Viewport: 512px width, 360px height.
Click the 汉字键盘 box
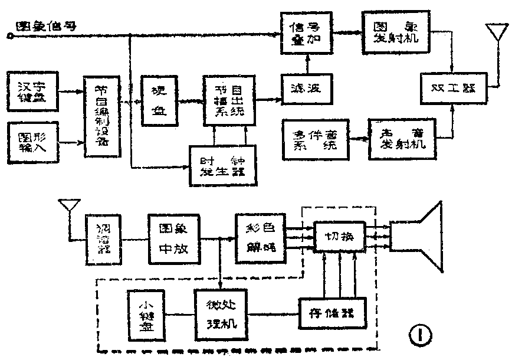[x=33, y=90]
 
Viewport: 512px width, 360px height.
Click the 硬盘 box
[x=157, y=100]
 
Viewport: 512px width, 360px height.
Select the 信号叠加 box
[x=306, y=34]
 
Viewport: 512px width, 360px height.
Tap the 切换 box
[x=339, y=237]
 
